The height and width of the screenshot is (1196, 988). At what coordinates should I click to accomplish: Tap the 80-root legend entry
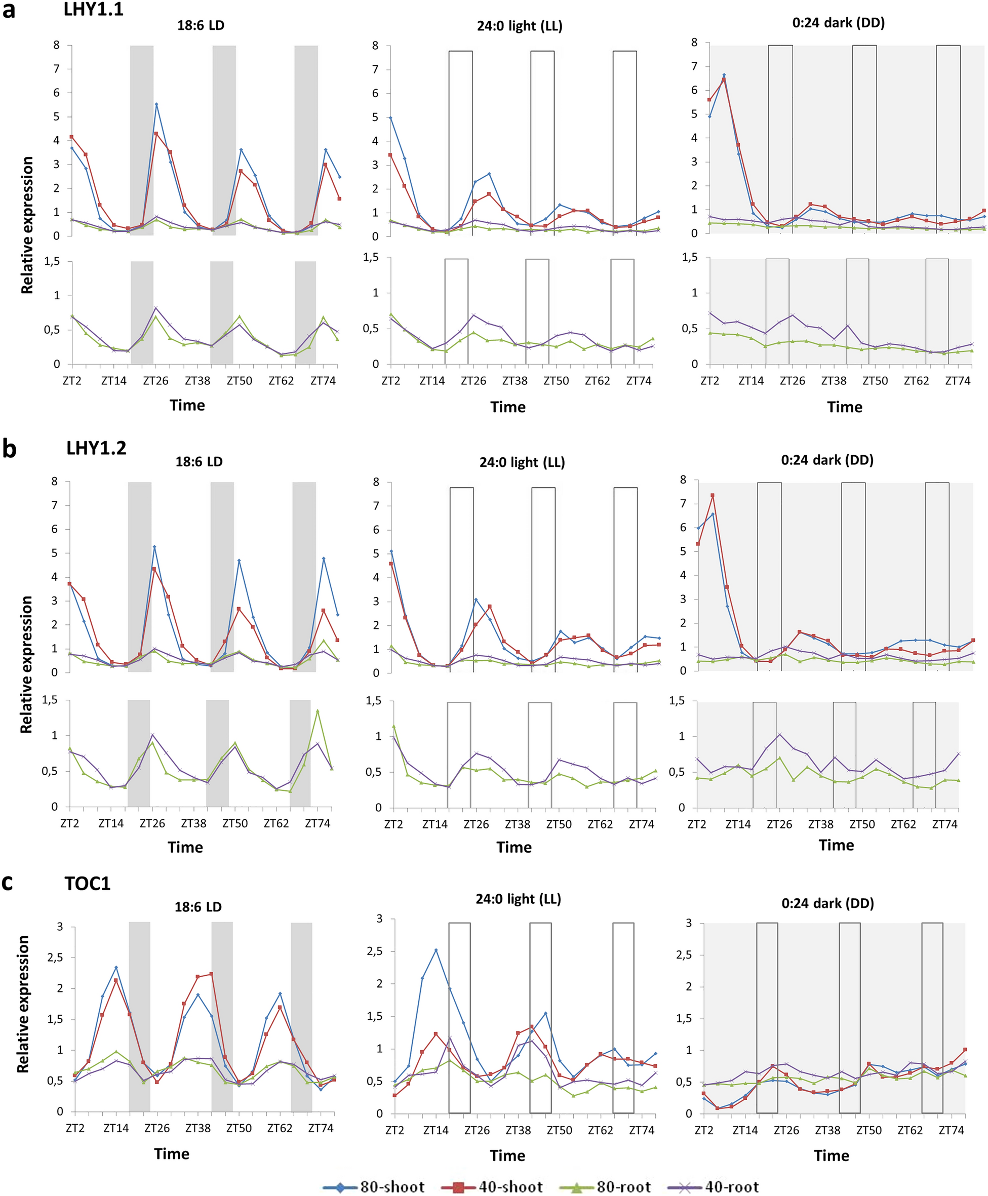[x=606, y=1187]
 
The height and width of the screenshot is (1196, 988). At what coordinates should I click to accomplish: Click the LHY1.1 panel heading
[x=93, y=10]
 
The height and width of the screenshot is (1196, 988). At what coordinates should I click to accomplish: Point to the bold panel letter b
[x=9, y=450]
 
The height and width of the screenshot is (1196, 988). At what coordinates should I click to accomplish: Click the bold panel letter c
[x=8, y=883]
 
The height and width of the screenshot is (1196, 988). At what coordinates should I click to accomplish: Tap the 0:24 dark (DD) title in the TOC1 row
[x=827, y=903]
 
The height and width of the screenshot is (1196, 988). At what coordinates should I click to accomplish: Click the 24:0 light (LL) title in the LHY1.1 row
[x=519, y=26]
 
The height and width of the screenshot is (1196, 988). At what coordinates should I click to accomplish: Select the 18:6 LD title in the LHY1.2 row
[x=199, y=461]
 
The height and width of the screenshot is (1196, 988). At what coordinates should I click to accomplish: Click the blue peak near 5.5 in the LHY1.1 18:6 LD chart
[x=156, y=104]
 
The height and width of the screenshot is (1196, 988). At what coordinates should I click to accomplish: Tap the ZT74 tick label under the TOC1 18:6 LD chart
[x=321, y=1128]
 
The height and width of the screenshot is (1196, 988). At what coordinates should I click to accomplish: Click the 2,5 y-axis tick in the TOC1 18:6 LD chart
[x=55, y=958]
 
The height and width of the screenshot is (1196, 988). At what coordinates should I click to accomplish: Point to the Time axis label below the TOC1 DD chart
[x=831, y=1155]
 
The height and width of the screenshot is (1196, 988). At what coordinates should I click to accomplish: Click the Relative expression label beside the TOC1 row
[x=23, y=1004]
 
